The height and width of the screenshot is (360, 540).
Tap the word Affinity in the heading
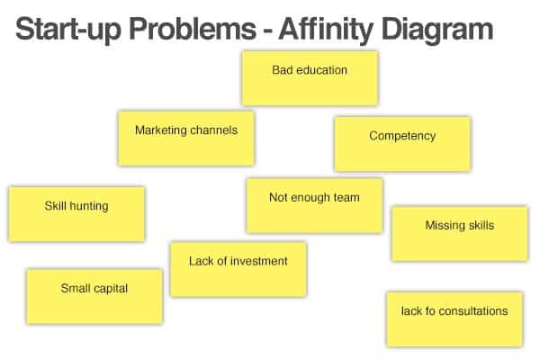click(326, 31)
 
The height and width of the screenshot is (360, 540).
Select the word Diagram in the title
click(437, 31)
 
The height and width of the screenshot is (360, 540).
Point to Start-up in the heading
click(68, 31)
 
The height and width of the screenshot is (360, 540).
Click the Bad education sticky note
click(310, 78)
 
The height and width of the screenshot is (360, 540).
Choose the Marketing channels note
click(186, 138)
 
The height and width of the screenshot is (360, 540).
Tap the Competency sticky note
click(402, 144)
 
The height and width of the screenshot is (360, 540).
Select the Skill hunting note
click(76, 214)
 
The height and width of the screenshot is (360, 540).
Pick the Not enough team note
click(314, 206)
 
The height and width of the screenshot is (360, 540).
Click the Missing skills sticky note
click(460, 234)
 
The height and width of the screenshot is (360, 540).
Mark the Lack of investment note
click(238, 269)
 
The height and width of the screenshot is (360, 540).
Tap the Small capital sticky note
click(94, 296)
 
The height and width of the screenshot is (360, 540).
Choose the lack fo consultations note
click(454, 319)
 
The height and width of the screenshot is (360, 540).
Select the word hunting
click(89, 206)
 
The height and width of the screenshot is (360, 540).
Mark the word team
click(346, 197)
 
